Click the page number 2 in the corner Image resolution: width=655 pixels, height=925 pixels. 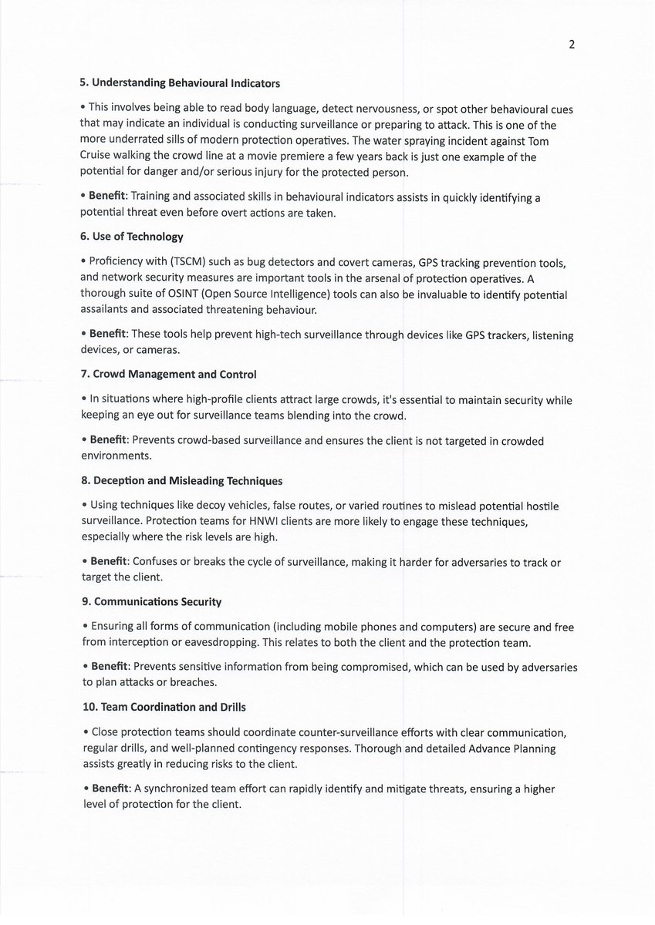click(x=572, y=45)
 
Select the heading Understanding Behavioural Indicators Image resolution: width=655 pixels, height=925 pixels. click(x=181, y=82)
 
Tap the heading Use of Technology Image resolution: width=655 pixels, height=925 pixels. click(x=133, y=236)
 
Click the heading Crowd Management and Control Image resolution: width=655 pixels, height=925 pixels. click(x=169, y=374)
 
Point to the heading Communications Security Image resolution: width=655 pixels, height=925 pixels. click(x=152, y=601)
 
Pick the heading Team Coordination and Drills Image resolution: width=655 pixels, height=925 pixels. click(x=164, y=707)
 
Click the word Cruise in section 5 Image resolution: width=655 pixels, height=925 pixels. click(x=98, y=157)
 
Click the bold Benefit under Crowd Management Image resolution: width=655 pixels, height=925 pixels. click(x=109, y=441)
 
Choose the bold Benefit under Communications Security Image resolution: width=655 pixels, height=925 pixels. click(x=109, y=667)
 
